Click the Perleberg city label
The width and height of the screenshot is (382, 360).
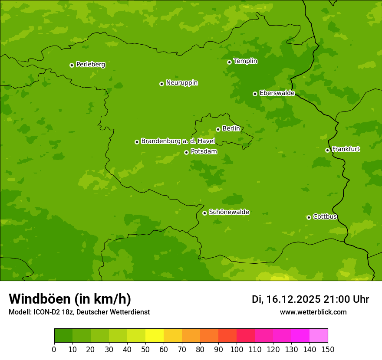[90, 65]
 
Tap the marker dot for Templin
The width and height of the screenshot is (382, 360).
[229, 62]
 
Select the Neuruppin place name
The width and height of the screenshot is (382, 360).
[181, 83]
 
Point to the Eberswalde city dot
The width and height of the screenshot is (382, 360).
[255, 94]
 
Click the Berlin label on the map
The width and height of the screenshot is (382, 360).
[231, 129]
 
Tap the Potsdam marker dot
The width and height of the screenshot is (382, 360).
[186, 152]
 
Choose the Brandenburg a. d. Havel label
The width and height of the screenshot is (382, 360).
[178, 141]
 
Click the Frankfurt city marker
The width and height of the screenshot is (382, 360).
[327, 150]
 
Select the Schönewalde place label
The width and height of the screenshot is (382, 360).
[229, 212]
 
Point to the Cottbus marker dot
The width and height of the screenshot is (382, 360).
[309, 217]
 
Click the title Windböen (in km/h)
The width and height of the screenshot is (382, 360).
[70, 299]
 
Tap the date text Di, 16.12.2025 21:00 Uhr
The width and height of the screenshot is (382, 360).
[310, 299]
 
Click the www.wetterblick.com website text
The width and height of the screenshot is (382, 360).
[313, 312]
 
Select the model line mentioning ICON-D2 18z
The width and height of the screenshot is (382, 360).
[79, 312]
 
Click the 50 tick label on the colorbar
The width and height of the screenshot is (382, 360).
[145, 350]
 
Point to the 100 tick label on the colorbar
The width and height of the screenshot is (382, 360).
[237, 350]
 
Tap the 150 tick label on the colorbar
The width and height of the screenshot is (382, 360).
[328, 350]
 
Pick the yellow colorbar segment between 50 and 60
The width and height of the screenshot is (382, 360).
[155, 336]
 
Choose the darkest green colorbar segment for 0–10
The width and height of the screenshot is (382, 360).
[63, 336]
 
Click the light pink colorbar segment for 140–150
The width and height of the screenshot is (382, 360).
[319, 336]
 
